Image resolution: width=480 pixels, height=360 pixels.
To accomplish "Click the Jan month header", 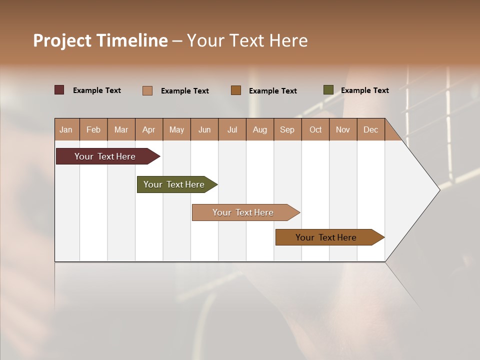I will point(66,129).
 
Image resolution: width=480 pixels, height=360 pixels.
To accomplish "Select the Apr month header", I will point(149,129).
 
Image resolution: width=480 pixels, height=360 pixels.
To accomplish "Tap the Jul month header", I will point(232,129).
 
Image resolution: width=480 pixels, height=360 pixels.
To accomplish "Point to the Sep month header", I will point(287,129).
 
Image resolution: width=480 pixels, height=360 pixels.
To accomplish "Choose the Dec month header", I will point(370,129).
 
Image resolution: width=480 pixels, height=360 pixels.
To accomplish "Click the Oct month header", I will point(315,129).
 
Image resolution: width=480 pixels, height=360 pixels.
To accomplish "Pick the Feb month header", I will point(93,129).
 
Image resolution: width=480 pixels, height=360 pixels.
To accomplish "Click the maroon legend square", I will point(59,90).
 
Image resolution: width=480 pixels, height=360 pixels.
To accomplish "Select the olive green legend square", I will point(328,90).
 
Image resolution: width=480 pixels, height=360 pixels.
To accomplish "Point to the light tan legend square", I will point(147,90).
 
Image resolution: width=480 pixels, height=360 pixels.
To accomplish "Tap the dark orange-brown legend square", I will point(236,90).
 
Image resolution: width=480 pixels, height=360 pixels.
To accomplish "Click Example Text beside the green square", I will point(364,90).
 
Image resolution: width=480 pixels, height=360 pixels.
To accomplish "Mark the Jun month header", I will point(204,129).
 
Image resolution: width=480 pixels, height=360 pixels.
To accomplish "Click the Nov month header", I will point(343,129).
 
